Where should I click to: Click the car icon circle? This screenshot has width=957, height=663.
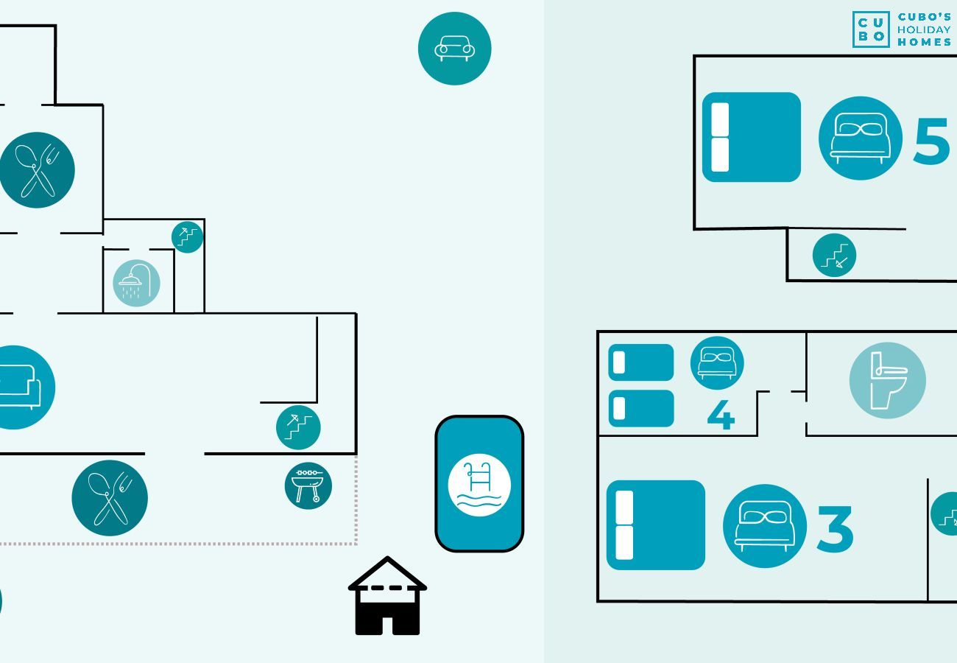[x=454, y=49]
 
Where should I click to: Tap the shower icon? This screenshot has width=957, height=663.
[x=136, y=284]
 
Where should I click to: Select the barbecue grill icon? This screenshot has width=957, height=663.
[x=308, y=485]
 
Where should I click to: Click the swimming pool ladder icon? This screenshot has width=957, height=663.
[x=479, y=485]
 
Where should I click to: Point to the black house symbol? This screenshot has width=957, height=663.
[x=387, y=596]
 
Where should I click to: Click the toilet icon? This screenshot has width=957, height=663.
[x=887, y=380]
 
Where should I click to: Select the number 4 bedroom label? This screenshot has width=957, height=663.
[x=721, y=415]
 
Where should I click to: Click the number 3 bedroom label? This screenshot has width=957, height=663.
[x=835, y=529]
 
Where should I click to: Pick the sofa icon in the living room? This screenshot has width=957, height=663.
[x=18, y=387]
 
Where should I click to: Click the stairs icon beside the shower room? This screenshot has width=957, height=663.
[x=188, y=237]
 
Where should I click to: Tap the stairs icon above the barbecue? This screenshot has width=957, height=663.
[x=298, y=427]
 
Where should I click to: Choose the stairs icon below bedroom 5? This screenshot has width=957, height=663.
[x=834, y=256]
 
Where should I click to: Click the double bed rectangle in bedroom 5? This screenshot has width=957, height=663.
[x=751, y=137]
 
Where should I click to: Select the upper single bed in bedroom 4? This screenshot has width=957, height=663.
[x=640, y=362]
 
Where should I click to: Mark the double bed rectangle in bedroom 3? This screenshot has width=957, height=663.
[x=655, y=525]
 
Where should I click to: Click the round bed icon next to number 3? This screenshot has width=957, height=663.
[x=764, y=526]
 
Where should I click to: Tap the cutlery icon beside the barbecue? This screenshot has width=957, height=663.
[x=110, y=498]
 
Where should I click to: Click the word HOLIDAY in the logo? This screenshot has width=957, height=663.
[x=924, y=29]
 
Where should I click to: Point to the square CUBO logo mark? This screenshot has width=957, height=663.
[x=871, y=29]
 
